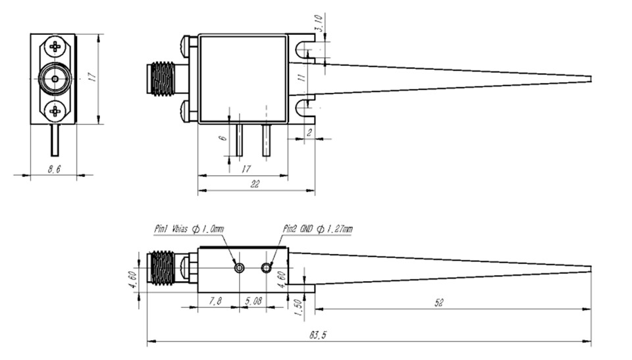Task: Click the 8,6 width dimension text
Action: pos(54,169)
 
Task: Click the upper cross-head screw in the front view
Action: pos(55,47)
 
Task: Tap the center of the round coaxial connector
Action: pos(54,80)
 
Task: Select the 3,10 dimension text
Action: pos(319,25)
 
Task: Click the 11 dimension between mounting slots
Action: pos(301,78)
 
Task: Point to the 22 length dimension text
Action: pos(254,186)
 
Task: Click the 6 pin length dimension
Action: pos(223,138)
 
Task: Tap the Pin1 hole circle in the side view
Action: pos(239,268)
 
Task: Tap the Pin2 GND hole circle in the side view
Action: pos(267,268)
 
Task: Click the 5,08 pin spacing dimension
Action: pos(253,301)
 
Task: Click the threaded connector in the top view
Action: pos(162,80)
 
